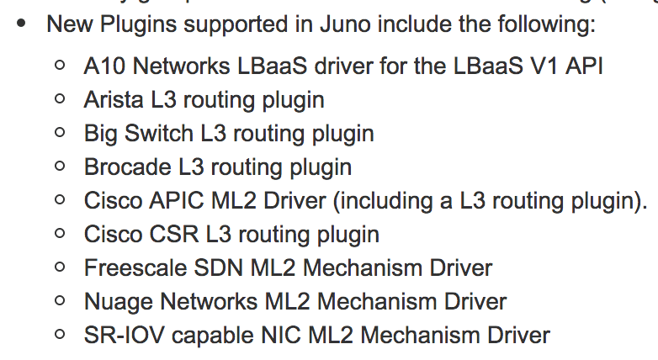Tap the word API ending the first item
[583, 66]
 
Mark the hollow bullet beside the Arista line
[59, 98]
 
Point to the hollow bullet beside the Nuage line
[59, 300]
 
